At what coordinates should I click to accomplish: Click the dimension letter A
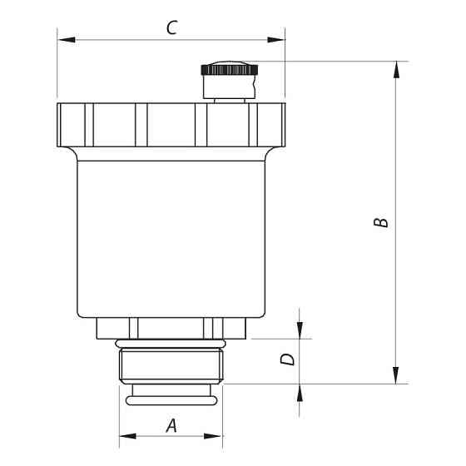click(x=172, y=425)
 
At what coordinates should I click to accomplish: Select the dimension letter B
click(x=379, y=223)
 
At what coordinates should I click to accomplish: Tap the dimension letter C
click(x=171, y=28)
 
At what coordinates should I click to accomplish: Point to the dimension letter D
click(x=287, y=360)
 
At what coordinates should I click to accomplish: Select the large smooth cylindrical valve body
click(x=171, y=237)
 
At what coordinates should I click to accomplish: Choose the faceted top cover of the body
click(x=171, y=124)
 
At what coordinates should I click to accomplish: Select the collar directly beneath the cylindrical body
click(x=171, y=329)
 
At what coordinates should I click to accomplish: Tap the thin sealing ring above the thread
click(x=171, y=344)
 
